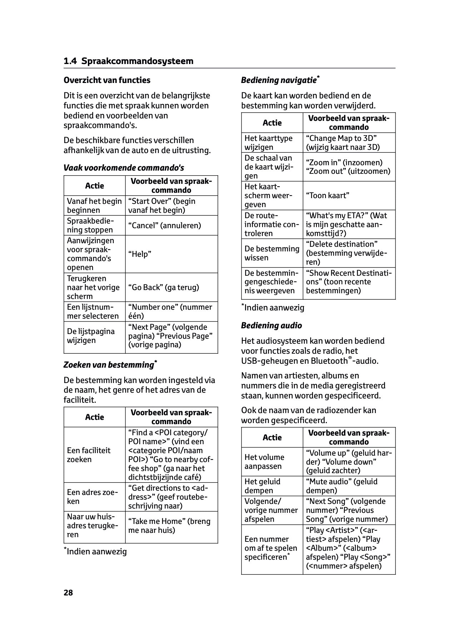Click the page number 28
(68, 593)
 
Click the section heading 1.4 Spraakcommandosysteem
(128, 61)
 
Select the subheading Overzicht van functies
(107, 80)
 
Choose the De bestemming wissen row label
(272, 253)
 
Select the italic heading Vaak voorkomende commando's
(124, 168)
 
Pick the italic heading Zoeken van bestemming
(109, 365)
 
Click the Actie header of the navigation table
(272, 123)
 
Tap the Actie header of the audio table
(272, 437)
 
